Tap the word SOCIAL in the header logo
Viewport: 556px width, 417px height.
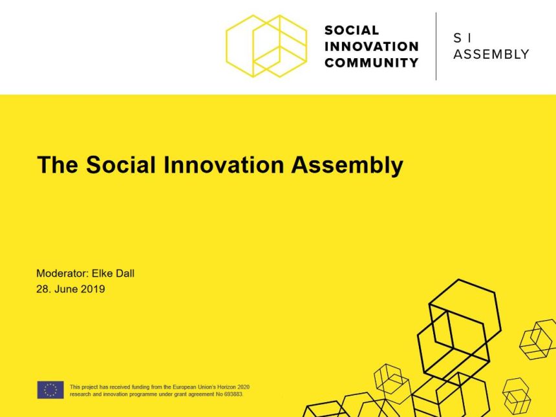click(x=352, y=30)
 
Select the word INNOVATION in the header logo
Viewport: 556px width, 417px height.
click(x=372, y=47)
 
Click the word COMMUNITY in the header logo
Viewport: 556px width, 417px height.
click(x=372, y=63)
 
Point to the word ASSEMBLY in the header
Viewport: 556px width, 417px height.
click(x=491, y=54)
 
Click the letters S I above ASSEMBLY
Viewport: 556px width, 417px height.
click(x=462, y=37)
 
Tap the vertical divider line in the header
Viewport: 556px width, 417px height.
click(x=436, y=46)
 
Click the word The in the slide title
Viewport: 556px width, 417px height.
click(x=58, y=164)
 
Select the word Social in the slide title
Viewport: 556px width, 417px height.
click(x=120, y=164)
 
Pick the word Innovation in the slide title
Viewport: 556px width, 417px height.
click(x=224, y=164)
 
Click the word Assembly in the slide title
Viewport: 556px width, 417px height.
click(x=347, y=166)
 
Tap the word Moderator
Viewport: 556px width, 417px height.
click(x=62, y=273)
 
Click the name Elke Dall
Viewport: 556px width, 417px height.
click(x=113, y=273)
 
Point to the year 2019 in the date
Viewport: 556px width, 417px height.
click(x=93, y=289)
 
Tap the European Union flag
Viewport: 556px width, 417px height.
click(x=50, y=390)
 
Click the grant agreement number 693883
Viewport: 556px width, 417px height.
click(x=233, y=394)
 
